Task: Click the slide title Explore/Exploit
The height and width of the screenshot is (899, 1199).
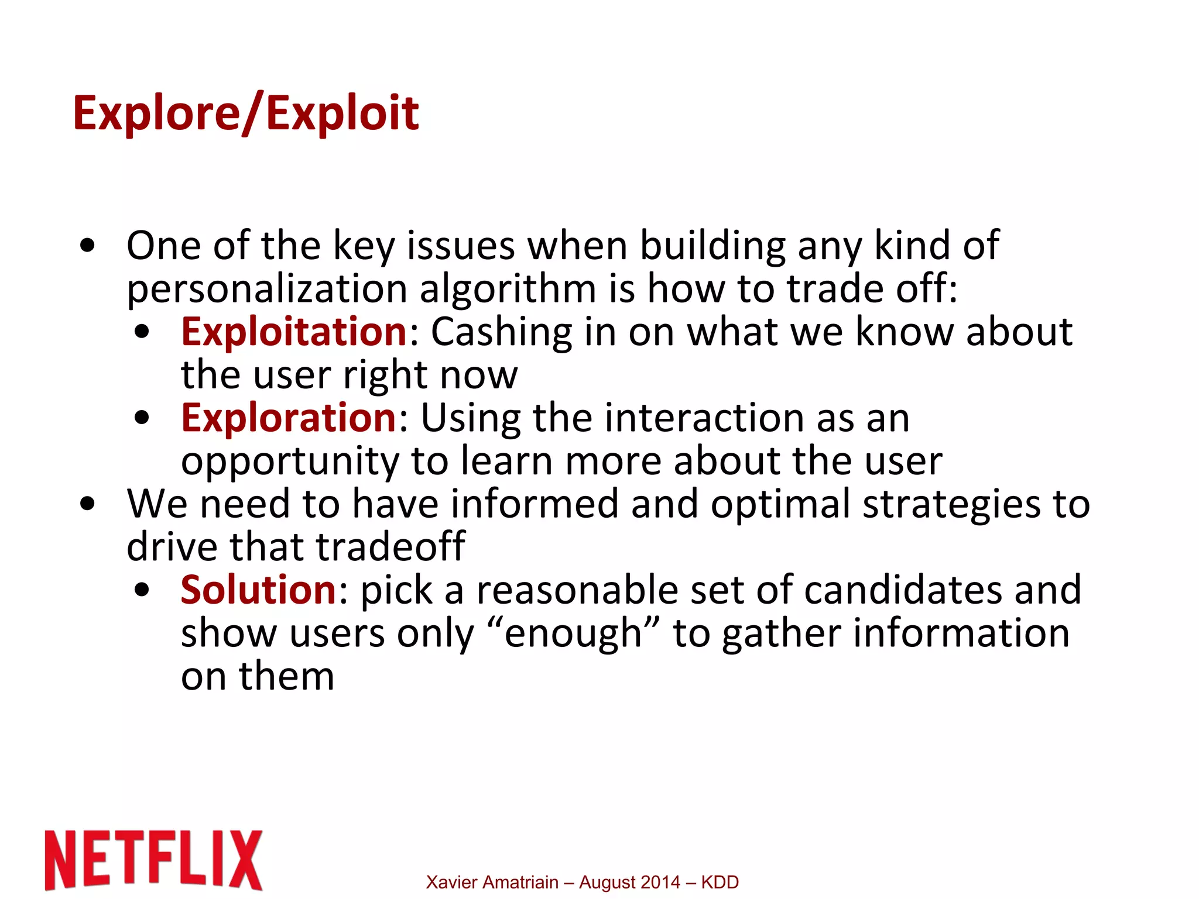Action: click(x=245, y=113)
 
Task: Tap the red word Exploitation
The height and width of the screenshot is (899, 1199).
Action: click(x=294, y=332)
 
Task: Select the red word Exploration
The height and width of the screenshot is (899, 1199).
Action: click(x=289, y=418)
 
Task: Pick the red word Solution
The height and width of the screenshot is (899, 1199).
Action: click(x=258, y=590)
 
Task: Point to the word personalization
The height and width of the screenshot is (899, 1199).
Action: click(x=267, y=289)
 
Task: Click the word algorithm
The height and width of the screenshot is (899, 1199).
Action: click(x=508, y=289)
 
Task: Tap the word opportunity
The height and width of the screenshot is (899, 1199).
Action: click(x=290, y=462)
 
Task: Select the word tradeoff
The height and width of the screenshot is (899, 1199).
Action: click(x=391, y=547)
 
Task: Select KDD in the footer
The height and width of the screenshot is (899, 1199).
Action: click(x=720, y=882)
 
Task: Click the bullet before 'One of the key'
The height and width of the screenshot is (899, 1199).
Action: click(x=88, y=246)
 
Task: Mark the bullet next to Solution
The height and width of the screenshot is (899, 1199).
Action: click(x=142, y=590)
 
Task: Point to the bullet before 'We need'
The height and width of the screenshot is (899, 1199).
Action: click(x=88, y=504)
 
